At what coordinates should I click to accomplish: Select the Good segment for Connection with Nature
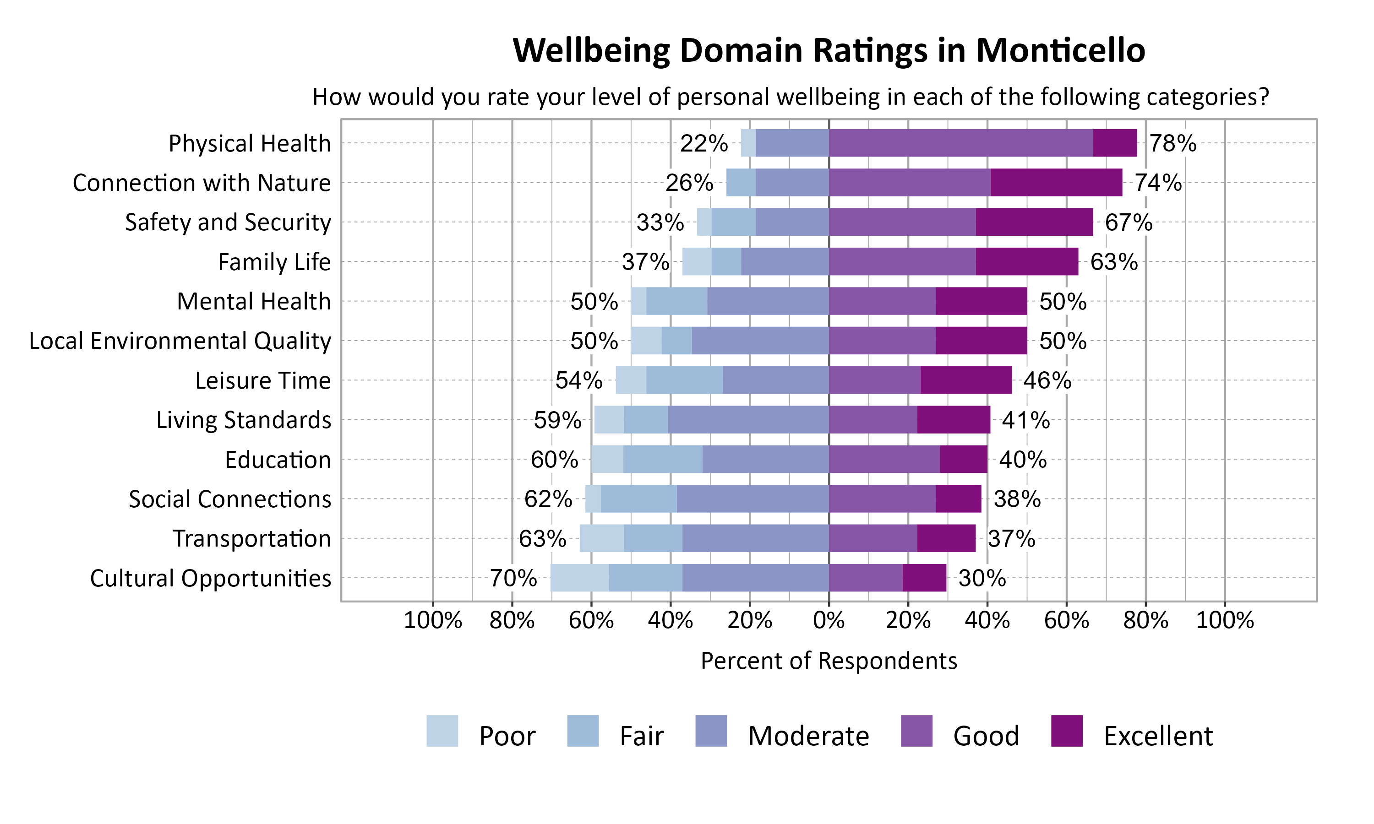[909, 183]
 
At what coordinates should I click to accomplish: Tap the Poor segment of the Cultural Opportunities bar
[579, 578]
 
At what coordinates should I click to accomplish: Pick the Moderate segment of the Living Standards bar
[747, 420]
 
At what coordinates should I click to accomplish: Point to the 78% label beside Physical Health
[1172, 143]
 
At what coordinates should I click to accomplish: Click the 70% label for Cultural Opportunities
[513, 579]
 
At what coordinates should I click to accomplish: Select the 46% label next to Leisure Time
[1047, 381]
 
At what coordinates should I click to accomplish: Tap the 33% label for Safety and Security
[660, 222]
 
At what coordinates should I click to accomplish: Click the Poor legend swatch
[442, 731]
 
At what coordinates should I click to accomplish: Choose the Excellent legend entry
[1157, 736]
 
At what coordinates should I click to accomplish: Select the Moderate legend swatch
[711, 731]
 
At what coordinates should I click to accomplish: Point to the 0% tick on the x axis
[829, 620]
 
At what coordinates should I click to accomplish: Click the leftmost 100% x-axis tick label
[433, 620]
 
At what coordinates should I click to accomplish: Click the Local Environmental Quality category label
[180, 341]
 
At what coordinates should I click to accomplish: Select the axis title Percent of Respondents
[829, 661]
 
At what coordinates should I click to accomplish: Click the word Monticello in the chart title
[1060, 50]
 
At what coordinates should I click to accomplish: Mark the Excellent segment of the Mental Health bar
[981, 301]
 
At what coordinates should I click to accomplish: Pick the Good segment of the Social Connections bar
[882, 499]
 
